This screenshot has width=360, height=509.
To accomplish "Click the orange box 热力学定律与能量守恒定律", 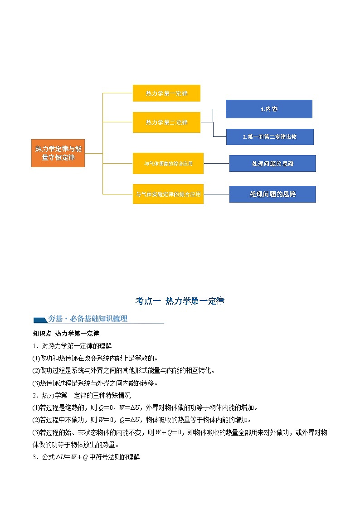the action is pos(58,153).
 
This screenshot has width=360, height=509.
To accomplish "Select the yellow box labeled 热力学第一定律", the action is pos(166,93).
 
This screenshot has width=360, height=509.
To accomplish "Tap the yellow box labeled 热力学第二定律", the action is pos(166,122).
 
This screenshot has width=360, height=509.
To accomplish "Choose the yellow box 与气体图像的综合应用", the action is pos(168,163).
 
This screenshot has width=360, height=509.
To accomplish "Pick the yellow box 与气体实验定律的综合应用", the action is pos(168,194).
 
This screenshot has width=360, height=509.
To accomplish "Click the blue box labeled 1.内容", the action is pos(269,109).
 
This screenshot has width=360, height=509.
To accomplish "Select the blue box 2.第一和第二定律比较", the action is pos(270,136).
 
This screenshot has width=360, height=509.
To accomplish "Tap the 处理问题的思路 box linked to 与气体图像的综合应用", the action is pos(272,163).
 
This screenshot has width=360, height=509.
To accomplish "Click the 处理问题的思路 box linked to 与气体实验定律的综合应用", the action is pos(272,194).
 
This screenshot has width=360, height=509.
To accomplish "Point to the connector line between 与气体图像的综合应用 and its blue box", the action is pos(216,163).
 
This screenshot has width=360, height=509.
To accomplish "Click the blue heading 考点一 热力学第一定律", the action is pos(180,301).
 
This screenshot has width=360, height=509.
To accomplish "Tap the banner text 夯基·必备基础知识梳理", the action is pos(88,319).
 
